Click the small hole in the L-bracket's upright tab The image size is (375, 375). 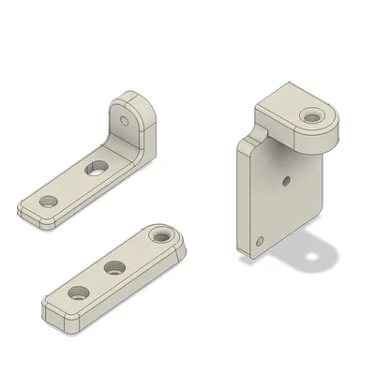pos(126,122)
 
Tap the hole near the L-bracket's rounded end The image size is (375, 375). pos(44,202)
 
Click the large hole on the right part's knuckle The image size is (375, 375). pos(309,116)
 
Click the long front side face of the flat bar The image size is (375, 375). pos(122,291)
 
